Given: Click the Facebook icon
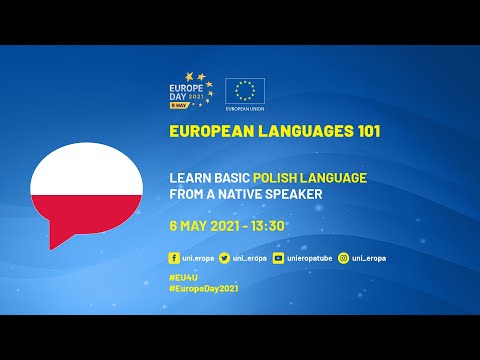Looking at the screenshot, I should (175, 257).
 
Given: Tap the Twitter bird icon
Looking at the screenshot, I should (224, 257).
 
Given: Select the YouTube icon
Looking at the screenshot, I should (278, 257).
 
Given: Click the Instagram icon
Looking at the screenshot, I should (343, 257).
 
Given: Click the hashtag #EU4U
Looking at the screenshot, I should (185, 274).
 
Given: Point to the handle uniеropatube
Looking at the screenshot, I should (309, 257).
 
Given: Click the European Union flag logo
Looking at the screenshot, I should (244, 91).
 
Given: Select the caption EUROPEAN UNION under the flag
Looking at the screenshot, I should (244, 109).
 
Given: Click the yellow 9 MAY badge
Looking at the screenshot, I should (182, 105).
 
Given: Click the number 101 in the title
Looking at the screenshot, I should (364, 131).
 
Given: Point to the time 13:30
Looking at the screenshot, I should (268, 225).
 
